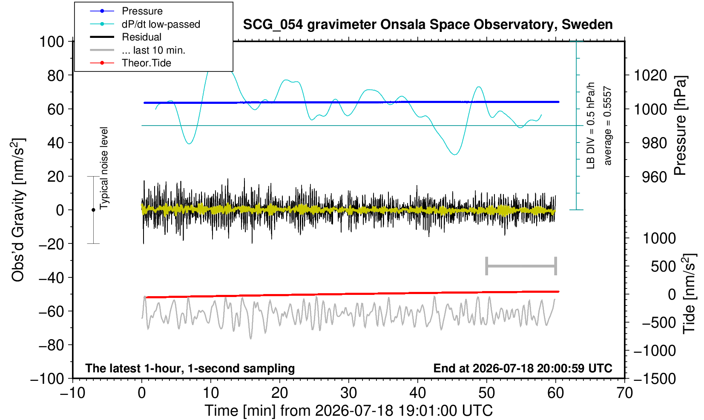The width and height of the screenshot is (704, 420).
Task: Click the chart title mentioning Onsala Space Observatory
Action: click(x=428, y=25)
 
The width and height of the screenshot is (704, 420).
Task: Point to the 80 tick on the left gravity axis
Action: click(x=56, y=75)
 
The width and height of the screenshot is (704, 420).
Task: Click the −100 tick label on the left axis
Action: click(x=47, y=379)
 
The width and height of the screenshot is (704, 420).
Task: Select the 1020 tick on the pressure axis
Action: click(x=650, y=75)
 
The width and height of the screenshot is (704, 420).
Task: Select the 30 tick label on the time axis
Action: click(x=348, y=393)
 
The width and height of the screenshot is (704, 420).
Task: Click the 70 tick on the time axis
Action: click(x=624, y=393)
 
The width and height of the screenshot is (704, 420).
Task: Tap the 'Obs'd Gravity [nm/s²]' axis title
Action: click(x=18, y=210)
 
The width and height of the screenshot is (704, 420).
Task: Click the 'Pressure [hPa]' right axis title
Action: click(x=680, y=126)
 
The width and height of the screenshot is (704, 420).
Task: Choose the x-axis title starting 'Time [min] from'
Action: click(x=348, y=411)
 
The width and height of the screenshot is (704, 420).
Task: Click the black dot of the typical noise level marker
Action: click(x=93, y=210)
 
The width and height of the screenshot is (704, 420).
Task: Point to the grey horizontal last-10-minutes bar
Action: click(x=521, y=266)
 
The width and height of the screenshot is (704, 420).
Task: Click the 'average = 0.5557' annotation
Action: click(x=608, y=126)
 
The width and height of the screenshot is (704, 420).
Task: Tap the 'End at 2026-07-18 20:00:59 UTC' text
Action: click(x=523, y=368)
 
